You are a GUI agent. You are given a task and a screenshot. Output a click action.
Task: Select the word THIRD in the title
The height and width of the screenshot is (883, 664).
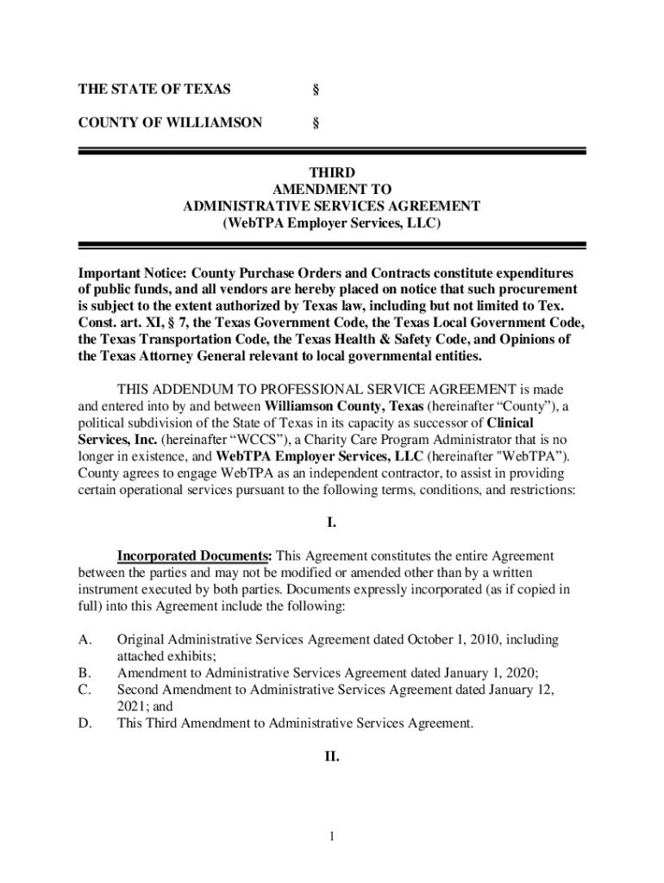pos(331,173)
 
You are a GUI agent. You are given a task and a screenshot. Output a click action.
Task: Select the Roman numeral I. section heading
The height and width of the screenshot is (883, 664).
pos(331,523)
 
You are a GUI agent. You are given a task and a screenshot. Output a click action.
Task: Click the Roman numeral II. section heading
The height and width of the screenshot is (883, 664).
pos(331,757)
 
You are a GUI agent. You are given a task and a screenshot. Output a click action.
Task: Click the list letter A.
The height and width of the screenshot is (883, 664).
pos(85,640)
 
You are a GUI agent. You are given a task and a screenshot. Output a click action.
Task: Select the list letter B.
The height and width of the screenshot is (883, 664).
pos(84,673)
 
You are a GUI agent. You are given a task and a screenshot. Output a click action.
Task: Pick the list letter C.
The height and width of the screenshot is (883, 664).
pos(85,690)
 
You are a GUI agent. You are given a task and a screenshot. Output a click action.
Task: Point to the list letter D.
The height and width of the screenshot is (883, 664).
pos(85,723)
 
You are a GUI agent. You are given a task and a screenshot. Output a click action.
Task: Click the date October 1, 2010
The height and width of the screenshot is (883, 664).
pos(462,640)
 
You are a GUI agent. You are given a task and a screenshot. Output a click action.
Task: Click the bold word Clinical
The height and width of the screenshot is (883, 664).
pos(510,423)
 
